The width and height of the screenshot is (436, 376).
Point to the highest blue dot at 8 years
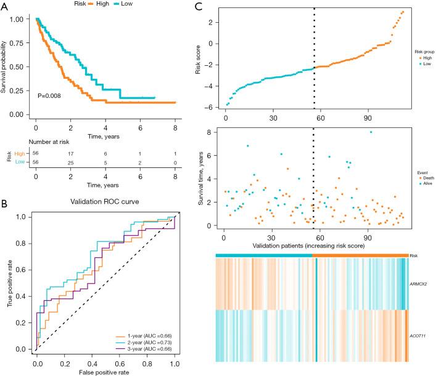point(371,132)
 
